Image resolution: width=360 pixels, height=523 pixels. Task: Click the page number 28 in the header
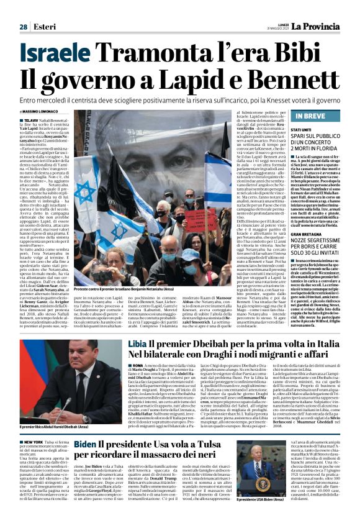pos(23,27)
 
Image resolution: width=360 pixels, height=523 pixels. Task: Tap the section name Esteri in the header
pos(42,27)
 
